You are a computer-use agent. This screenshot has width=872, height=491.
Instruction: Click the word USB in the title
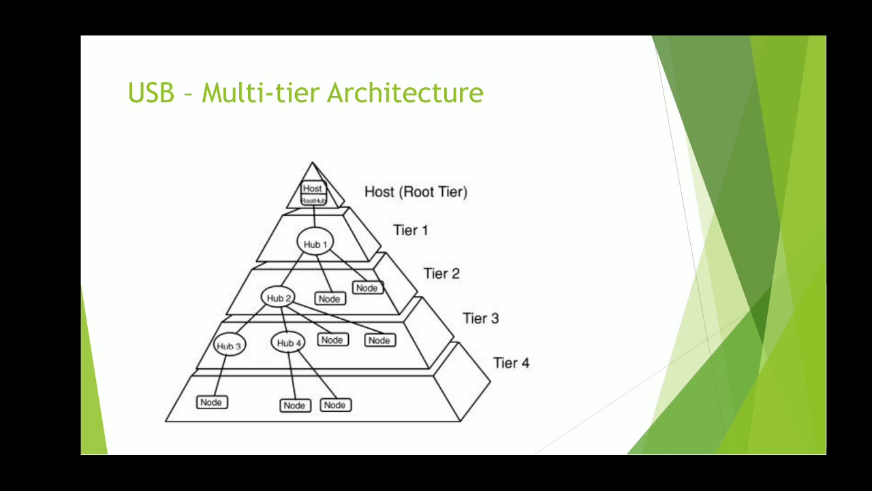click(x=151, y=93)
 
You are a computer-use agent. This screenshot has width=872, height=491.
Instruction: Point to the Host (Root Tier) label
click(x=416, y=192)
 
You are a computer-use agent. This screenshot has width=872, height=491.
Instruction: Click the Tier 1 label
click(x=410, y=230)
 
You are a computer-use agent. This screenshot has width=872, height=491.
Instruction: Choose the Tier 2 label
click(x=441, y=273)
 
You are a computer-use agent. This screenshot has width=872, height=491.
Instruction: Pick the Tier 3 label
click(x=480, y=318)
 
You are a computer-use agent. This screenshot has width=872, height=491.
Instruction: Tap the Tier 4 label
click(x=511, y=363)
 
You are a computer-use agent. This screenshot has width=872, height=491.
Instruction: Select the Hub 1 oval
click(x=315, y=243)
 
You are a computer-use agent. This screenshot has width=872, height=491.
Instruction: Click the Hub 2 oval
click(x=279, y=298)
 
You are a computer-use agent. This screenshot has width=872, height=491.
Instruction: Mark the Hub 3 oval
click(x=229, y=346)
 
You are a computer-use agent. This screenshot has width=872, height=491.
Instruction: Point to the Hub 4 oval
click(x=289, y=343)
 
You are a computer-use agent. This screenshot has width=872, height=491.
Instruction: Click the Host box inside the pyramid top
click(x=313, y=188)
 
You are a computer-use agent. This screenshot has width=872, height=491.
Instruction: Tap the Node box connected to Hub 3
click(x=211, y=402)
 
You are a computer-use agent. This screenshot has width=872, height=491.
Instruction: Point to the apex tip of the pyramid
click(x=313, y=163)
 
